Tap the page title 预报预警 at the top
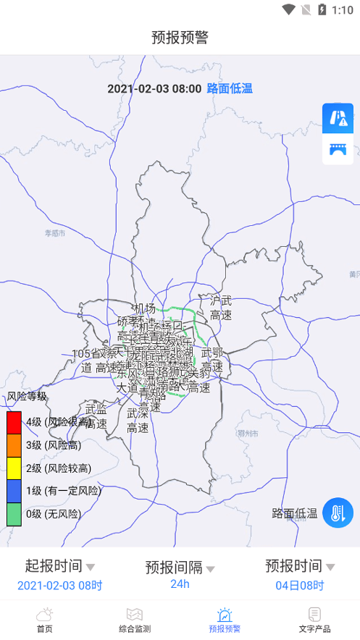point(180,38)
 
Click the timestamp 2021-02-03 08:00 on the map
point(154,88)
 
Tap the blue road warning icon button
point(338,118)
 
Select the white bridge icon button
point(338,149)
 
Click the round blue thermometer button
point(338,513)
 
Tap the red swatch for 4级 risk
point(14,422)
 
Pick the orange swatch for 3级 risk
point(14,445)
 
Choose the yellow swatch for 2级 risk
point(14,468)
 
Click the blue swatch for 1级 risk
point(14,491)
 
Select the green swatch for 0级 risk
point(14,514)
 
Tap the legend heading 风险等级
point(27,396)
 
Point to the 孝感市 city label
point(55,233)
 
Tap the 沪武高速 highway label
point(220,308)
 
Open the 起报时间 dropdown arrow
point(91,567)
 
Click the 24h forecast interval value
point(180,584)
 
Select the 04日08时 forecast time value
point(300,585)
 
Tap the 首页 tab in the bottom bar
point(45,620)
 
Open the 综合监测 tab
point(135,620)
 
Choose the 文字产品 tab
point(314,620)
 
